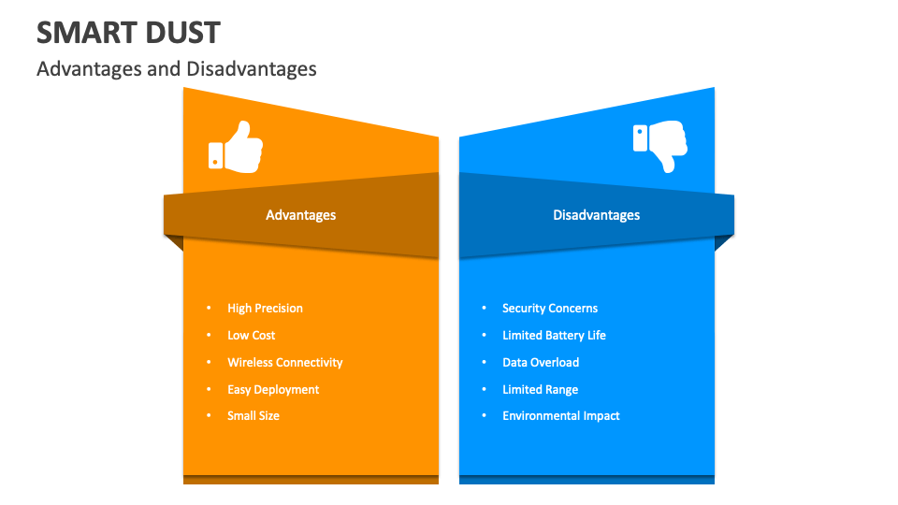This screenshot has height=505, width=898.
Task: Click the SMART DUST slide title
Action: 128,33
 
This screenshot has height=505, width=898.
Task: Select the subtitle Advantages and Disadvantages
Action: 176,69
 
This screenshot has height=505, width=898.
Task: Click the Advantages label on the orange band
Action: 300,215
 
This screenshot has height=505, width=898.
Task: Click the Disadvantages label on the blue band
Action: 596,215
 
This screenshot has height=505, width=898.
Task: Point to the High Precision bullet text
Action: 265,309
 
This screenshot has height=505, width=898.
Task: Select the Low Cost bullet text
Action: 251,336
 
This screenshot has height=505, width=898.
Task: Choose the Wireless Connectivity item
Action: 284,363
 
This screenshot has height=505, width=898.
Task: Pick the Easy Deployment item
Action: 273,390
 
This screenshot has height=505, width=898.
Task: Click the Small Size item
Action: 253,416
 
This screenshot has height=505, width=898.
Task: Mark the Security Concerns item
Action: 549,309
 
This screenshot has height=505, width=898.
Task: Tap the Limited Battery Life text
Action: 554,336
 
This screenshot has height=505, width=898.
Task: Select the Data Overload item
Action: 540,363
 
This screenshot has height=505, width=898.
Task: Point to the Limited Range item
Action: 540,390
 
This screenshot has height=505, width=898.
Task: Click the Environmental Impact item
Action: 560,416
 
